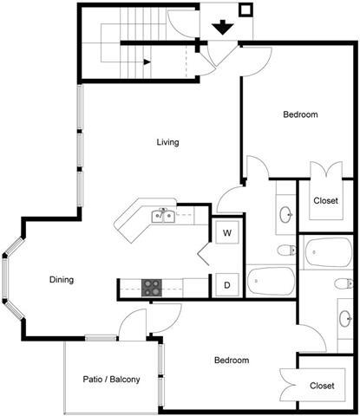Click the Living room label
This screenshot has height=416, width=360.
(167, 142)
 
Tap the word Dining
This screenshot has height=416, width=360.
(62, 280)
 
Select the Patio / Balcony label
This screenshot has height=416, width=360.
(112, 380)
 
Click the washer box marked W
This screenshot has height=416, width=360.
(226, 233)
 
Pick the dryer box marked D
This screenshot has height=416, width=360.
(226, 283)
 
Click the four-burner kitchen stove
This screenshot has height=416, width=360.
(153, 287)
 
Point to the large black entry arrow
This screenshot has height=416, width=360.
(223, 27)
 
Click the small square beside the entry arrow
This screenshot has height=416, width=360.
(245, 11)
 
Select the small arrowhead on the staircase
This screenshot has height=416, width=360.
(147, 62)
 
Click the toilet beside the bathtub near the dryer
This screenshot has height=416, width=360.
(285, 251)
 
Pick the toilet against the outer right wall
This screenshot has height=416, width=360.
(344, 283)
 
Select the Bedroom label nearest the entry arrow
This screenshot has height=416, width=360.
(300, 114)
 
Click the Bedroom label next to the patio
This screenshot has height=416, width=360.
(232, 360)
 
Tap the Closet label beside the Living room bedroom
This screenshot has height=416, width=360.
(325, 200)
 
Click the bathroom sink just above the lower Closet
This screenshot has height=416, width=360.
(344, 317)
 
